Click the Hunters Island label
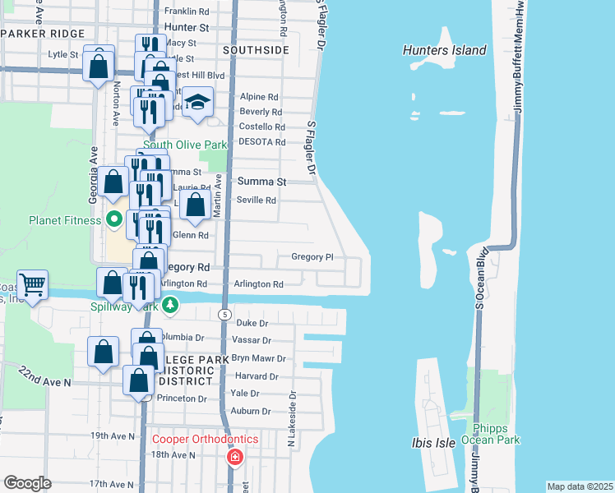[x=445, y=50]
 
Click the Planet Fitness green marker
[x=114, y=219]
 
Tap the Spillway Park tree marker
[x=169, y=306]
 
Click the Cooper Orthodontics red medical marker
[x=235, y=456]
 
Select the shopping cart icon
[x=32, y=285]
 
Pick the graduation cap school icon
[x=197, y=103]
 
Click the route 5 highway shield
[x=224, y=315]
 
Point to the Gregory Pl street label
[x=312, y=257]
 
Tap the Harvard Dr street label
[x=257, y=377]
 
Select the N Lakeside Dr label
[x=292, y=414]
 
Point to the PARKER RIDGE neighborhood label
[x=43, y=33]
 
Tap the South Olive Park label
[x=185, y=145]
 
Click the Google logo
[x=27, y=482]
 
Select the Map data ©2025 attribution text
[x=580, y=486]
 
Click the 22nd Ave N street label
[x=46, y=376]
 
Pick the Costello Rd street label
[x=261, y=127]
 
